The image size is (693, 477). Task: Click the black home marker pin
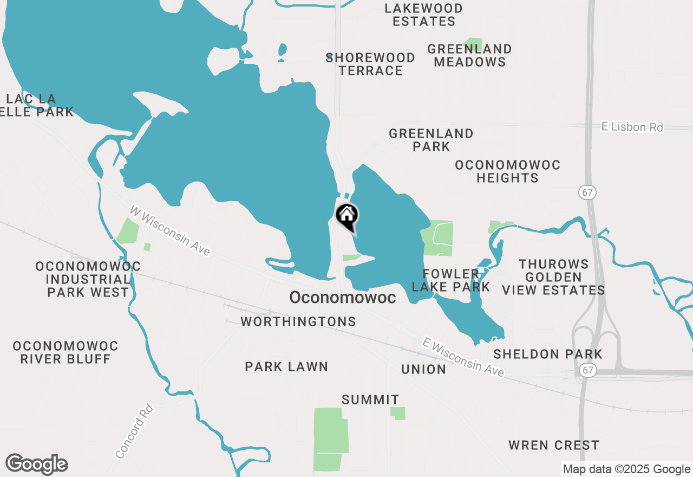point(346,216)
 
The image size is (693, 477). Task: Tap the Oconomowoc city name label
point(342,298)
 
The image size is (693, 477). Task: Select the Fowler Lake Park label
point(450,280)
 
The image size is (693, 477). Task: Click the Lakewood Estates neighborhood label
point(423,15)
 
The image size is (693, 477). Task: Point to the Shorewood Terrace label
point(370,64)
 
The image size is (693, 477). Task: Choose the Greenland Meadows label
point(469,55)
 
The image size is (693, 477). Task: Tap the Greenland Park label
point(431,140)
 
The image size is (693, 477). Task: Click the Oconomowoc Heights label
point(507,171)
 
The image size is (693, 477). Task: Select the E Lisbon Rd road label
point(632,127)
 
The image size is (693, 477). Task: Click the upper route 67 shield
point(586,192)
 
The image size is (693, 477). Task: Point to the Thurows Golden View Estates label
point(553,277)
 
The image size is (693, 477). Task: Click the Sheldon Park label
point(548,354)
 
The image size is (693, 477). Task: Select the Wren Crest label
point(553,446)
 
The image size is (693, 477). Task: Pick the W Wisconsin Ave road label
point(170,230)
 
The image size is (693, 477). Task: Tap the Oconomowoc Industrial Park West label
point(88,279)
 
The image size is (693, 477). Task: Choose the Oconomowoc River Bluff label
point(65,352)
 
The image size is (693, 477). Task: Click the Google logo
point(36,465)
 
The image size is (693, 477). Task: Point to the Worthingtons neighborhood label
point(298,322)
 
